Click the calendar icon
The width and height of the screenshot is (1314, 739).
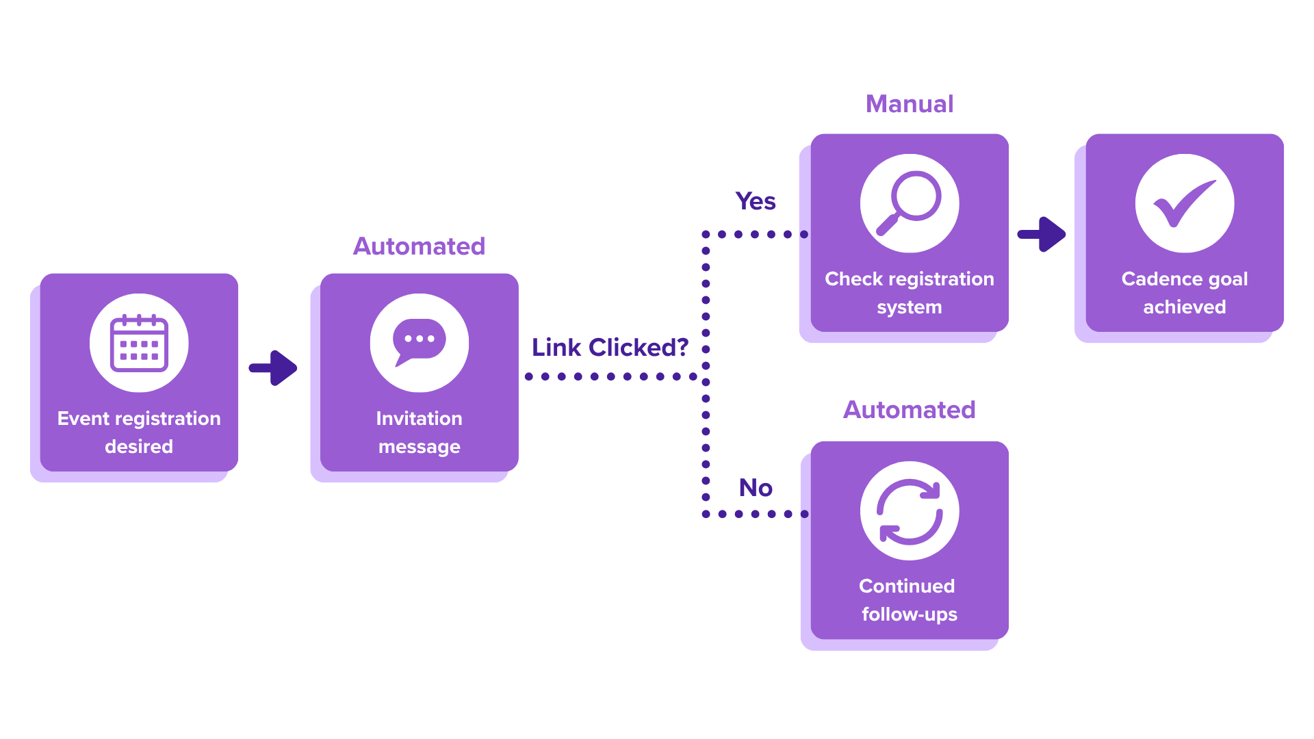[x=139, y=343]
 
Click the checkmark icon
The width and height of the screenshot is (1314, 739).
[x=1185, y=203]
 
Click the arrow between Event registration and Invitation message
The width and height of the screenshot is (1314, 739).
[x=273, y=368]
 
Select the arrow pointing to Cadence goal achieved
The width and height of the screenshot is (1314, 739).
[x=1042, y=234]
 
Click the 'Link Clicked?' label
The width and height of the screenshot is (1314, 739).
[x=610, y=348]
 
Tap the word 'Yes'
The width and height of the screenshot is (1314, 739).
[x=756, y=201]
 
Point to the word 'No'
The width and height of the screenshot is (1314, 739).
[x=756, y=488]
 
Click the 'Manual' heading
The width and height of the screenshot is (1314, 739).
[x=910, y=104]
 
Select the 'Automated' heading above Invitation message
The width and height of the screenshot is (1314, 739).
[x=419, y=246]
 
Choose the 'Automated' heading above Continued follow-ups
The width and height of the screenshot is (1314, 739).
[x=910, y=410]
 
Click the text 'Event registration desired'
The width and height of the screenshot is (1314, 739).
[x=139, y=432]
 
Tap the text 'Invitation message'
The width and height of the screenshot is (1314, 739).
[x=419, y=432]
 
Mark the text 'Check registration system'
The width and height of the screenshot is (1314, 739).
[x=910, y=293]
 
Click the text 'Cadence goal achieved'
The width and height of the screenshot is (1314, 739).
[x=1185, y=293]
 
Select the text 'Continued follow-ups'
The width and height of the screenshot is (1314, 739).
[x=909, y=600]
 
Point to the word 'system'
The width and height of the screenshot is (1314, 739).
[x=910, y=308]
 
